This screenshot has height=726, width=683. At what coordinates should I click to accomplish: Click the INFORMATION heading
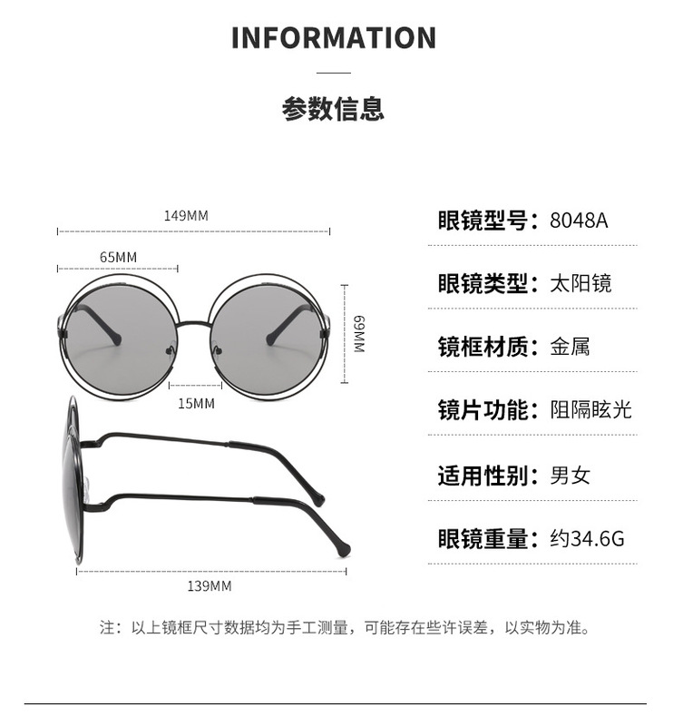333,39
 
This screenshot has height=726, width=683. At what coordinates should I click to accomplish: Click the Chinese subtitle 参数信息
333,109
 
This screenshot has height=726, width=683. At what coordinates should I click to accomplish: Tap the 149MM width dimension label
186,216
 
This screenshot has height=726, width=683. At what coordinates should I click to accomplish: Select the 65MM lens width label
118,257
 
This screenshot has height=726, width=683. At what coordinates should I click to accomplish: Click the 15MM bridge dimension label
196,402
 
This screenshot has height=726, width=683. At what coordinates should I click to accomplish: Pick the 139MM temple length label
210,585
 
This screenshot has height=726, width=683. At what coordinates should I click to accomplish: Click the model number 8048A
579,221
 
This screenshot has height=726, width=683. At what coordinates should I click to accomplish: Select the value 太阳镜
581,283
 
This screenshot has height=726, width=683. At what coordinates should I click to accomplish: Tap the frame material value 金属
570,346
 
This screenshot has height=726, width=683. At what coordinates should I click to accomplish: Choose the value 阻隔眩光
590,410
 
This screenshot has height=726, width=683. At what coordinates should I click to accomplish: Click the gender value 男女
570,475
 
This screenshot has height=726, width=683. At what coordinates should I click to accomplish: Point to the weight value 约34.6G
587,539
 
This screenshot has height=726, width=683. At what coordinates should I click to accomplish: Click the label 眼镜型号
482,221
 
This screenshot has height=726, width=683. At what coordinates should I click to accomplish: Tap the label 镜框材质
482,346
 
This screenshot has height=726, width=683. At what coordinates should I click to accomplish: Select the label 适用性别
482,475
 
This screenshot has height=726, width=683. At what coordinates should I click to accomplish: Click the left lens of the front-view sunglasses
120,333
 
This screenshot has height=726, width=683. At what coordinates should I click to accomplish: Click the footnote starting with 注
345,628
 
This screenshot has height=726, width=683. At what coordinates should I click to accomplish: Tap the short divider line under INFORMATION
333,72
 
